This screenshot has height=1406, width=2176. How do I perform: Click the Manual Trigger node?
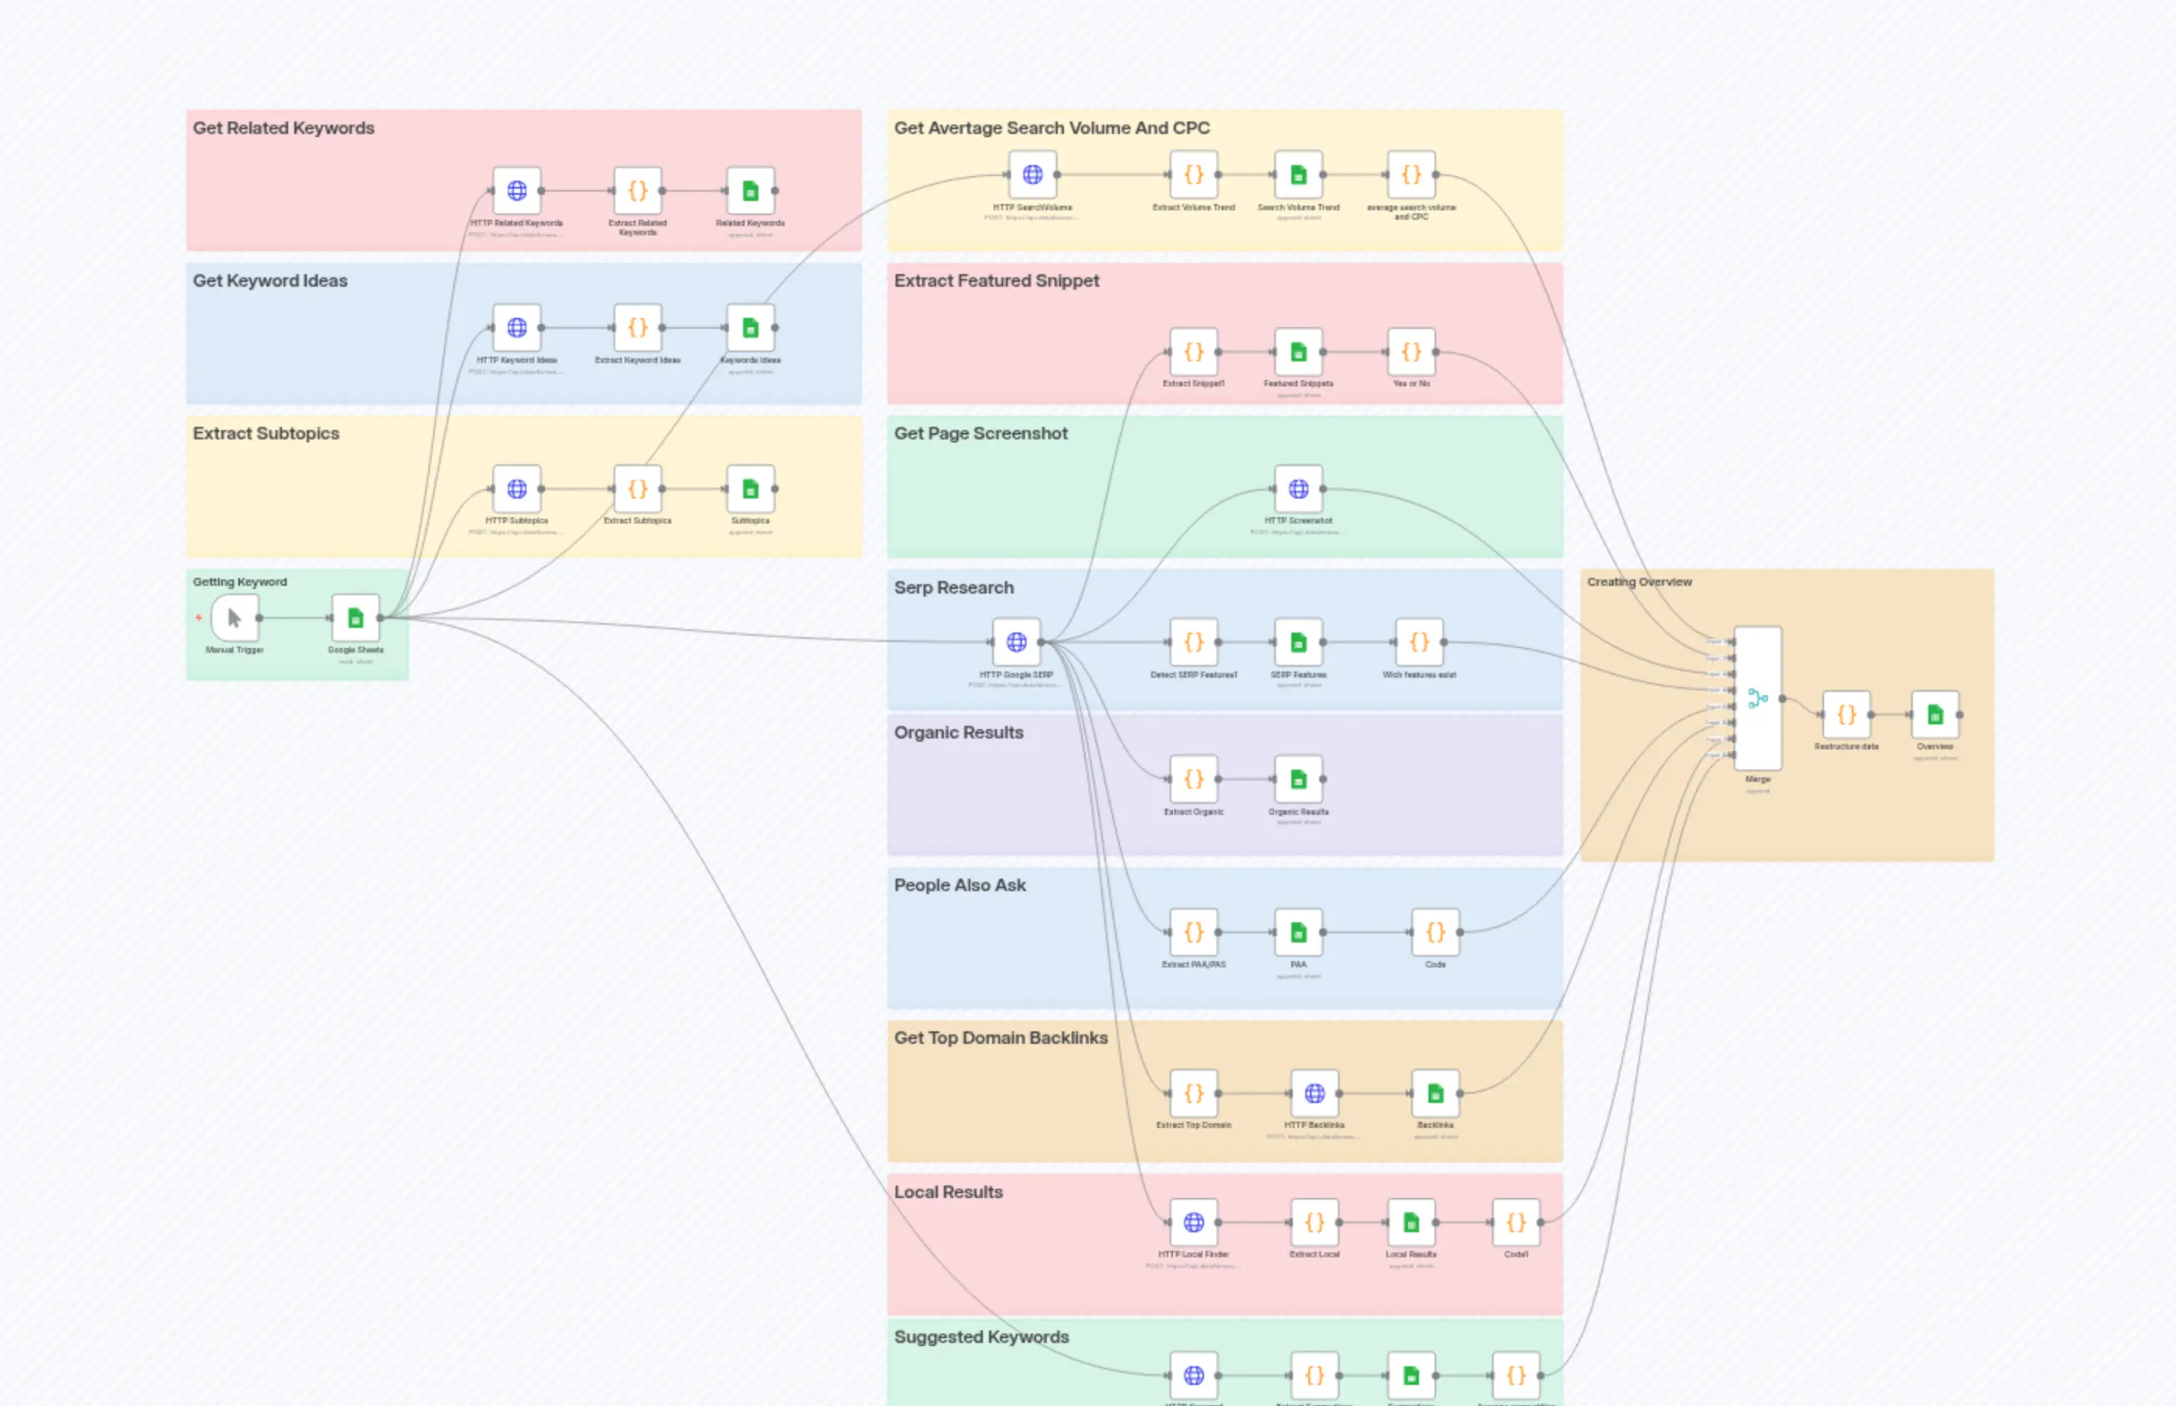(234, 618)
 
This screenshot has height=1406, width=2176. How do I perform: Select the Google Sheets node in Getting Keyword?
(355, 618)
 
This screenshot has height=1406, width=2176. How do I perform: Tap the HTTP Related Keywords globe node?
(516, 191)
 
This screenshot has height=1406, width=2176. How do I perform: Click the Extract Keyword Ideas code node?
(637, 328)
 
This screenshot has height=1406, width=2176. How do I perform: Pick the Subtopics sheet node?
(750, 489)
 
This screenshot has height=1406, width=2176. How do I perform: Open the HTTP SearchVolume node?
(1033, 174)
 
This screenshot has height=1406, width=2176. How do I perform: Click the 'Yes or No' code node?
(1411, 352)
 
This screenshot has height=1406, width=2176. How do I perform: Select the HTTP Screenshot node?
(1298, 489)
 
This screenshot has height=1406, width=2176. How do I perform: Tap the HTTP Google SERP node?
(1016, 643)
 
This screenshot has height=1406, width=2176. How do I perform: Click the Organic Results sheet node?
(1298, 780)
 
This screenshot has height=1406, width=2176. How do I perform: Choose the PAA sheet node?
(1298, 932)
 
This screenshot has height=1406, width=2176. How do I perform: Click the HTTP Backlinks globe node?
(1315, 1093)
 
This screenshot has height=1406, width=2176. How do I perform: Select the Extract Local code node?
(1315, 1222)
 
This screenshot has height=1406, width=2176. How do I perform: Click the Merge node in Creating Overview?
(1757, 699)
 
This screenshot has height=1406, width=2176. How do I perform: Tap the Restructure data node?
(1846, 715)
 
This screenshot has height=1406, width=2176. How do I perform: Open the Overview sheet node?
(1934, 715)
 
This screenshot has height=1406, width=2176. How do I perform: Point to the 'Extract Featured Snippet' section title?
(996, 281)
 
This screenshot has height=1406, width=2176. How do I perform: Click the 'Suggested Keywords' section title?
(981, 1337)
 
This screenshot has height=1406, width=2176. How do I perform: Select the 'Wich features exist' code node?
(1418, 643)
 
